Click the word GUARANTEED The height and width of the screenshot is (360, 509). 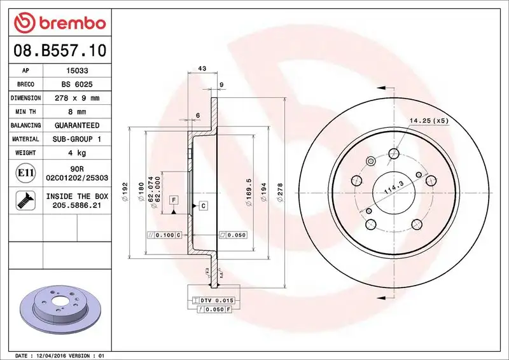77,125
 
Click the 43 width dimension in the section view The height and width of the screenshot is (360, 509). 202,68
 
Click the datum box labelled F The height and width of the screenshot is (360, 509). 172,201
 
